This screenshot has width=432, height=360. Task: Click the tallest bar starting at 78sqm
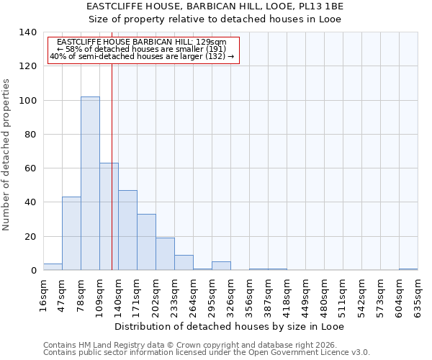pos(90,184)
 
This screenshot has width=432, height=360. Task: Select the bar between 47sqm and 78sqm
pos(71,233)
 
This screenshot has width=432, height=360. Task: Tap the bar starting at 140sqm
pos(127,230)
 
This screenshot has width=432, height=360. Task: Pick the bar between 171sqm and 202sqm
pos(146,242)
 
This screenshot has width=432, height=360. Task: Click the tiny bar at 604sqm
pos(408,269)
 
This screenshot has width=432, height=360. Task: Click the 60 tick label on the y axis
pos(30,168)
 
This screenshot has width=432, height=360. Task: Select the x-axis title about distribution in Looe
pos(229,327)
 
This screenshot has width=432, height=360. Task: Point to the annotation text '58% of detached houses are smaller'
pos(142,49)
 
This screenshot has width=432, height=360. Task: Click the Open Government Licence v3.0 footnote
pos(207,353)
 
